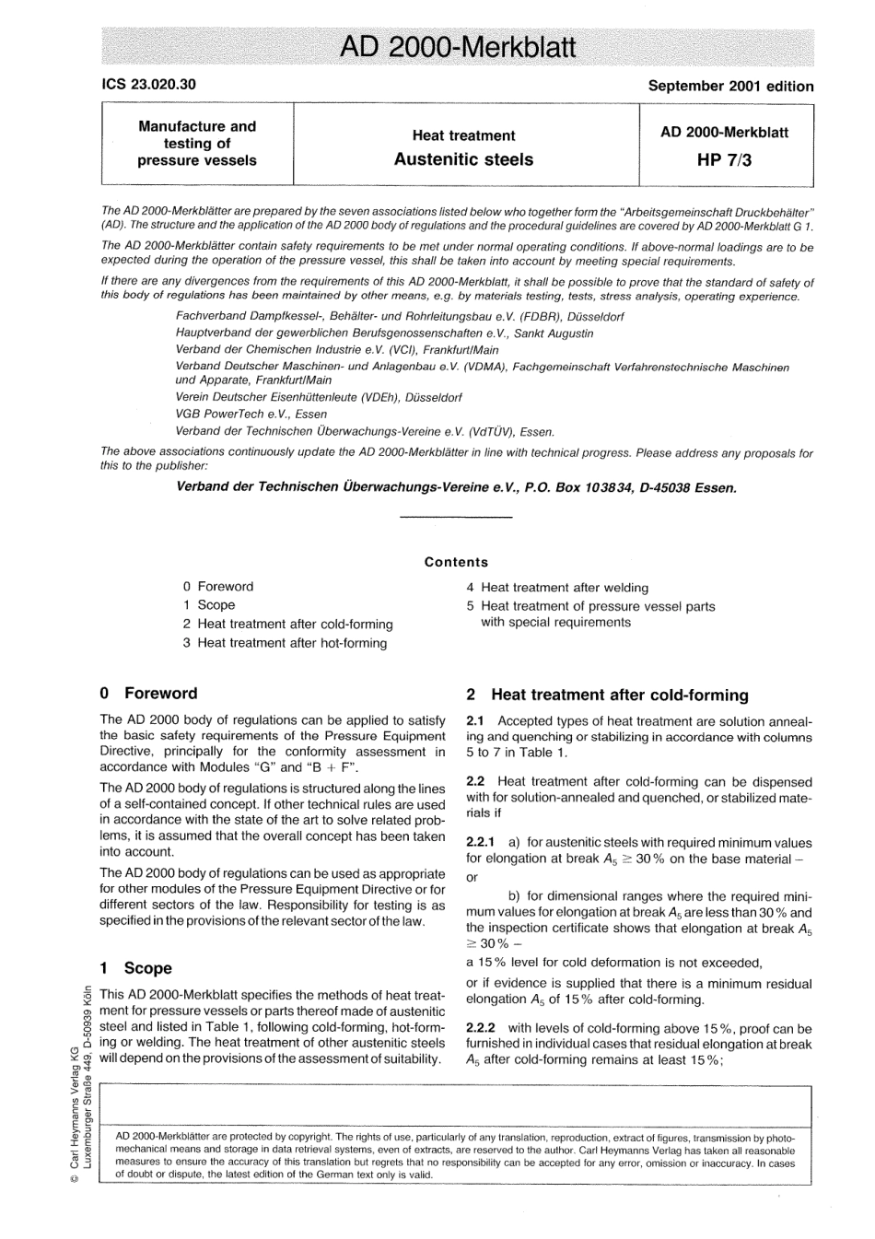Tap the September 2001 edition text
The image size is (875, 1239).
tap(730, 86)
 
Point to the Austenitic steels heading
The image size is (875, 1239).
tap(463, 159)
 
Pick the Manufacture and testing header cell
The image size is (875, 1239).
tap(197, 143)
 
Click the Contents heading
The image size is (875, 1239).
tap(456, 562)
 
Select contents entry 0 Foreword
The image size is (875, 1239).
tap(218, 587)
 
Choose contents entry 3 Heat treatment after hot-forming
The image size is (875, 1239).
tap(285, 643)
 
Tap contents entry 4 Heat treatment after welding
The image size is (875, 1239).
tap(557, 588)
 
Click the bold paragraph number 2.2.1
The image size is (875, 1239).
tap(481, 843)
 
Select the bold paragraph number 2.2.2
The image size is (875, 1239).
tap(481, 1028)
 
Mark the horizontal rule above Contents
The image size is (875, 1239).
tap(457, 518)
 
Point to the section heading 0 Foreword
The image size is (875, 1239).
tap(148, 694)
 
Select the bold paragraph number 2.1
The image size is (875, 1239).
tap(475, 721)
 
